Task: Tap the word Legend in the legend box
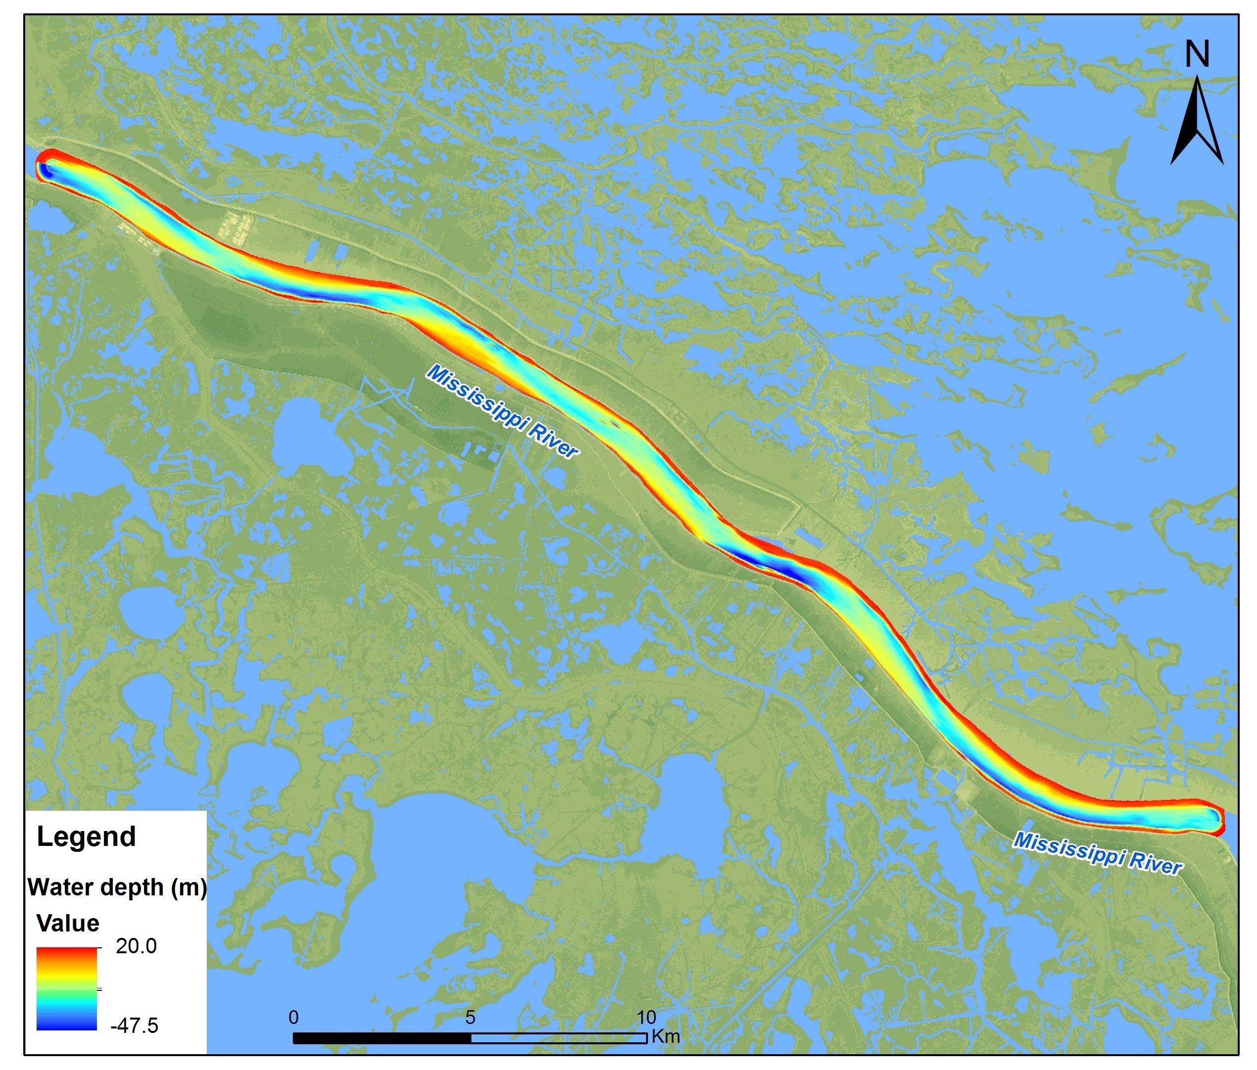coord(86,837)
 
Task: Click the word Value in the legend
coord(68,923)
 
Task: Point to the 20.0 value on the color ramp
coord(136,946)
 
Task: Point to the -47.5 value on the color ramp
coord(134,1025)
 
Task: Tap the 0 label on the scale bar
coord(294,1017)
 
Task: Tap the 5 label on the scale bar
coord(470,1017)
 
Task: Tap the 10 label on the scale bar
coord(646,1017)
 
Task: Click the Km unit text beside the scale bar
coord(665,1036)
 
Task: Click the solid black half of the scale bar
coord(382,1038)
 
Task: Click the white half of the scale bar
coord(558,1038)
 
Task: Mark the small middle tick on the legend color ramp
coord(99,989)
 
